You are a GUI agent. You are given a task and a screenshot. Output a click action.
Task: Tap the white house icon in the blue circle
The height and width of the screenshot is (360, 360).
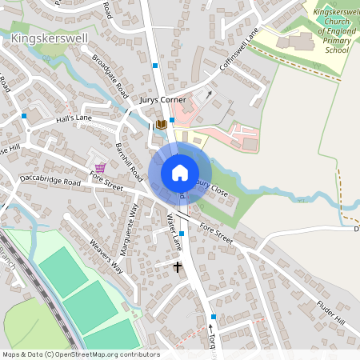[180, 173]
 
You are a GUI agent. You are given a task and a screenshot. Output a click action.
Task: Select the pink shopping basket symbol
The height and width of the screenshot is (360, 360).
[100, 166]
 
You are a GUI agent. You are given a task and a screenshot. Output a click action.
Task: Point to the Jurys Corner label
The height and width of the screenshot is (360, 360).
[162, 99]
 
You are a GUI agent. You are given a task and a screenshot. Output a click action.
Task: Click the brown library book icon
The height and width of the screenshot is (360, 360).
[162, 124]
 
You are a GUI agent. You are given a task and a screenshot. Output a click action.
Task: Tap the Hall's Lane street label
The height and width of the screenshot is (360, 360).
[74, 118]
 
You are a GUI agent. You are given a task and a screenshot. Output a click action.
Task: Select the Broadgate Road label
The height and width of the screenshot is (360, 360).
[110, 76]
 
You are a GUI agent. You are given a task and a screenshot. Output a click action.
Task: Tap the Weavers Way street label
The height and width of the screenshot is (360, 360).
[106, 257]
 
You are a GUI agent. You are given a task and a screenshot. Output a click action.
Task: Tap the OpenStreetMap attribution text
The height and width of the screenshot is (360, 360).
[80, 354]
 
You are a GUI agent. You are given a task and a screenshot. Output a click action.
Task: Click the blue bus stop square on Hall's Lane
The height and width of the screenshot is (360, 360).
[25, 116]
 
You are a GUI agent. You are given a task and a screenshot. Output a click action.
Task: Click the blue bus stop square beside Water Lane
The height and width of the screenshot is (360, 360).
[182, 234]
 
